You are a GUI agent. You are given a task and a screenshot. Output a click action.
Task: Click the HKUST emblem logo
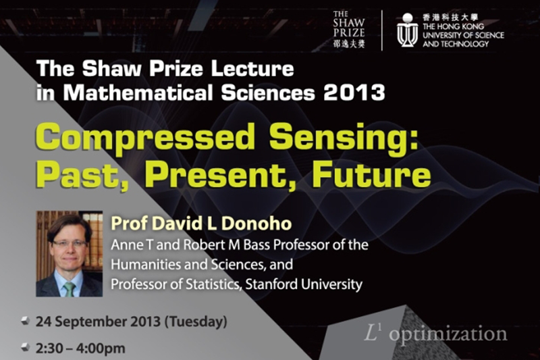tap(408, 30)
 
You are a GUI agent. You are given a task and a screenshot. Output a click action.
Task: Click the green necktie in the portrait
tap(70, 289)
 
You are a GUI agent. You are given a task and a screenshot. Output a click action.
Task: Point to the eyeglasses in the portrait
tap(70, 244)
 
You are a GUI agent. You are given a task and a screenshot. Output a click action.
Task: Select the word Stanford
tap(271, 284)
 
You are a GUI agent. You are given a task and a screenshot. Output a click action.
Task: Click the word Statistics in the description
tap(213, 284)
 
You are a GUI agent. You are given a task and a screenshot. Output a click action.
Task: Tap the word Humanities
tap(145, 265)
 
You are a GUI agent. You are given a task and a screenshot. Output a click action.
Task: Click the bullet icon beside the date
tap(25, 322)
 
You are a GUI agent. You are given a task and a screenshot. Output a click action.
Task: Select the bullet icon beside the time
tap(25, 348)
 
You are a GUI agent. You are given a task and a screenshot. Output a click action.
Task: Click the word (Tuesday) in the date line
tap(196, 322)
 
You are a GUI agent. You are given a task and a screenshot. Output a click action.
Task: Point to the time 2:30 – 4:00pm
tap(80, 349)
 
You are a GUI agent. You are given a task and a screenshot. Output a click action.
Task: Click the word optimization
tap(448, 335)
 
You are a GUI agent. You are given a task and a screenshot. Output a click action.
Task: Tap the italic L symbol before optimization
tap(371, 334)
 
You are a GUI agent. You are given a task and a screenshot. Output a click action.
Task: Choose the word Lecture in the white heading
tap(252, 68)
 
